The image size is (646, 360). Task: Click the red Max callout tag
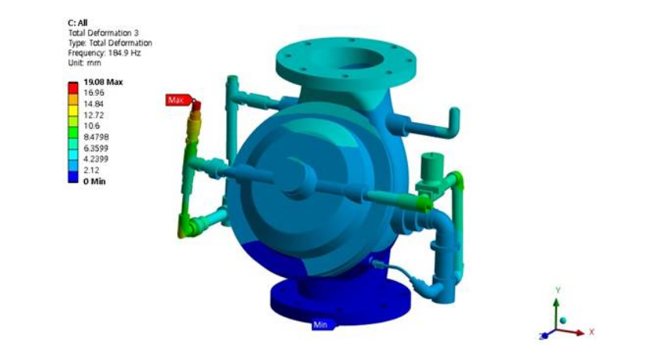(x=178, y=100)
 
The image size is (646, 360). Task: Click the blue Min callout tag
(x=321, y=325)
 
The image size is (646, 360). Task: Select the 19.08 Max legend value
(x=103, y=82)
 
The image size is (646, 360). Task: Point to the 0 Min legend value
(x=94, y=182)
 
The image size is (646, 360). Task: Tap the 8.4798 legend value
(x=96, y=137)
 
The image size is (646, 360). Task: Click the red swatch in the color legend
(x=73, y=88)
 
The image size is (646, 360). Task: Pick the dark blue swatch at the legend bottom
(x=73, y=177)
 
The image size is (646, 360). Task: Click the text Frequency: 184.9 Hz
(x=104, y=53)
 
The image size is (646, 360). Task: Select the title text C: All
(x=77, y=22)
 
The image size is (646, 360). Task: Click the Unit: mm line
(x=84, y=63)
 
